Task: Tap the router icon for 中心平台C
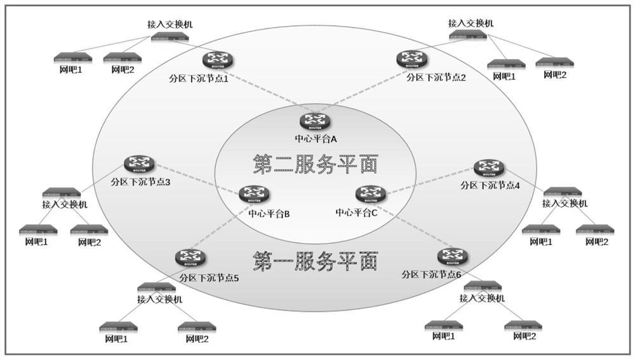pyautogui.click(x=370, y=194)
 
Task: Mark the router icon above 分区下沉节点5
pyautogui.click(x=190, y=258)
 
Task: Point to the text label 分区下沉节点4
pyautogui.click(x=490, y=186)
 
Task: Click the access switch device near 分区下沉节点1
pyautogui.click(x=170, y=37)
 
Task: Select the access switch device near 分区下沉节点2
pyautogui.click(x=471, y=35)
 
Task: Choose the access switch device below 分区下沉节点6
pyautogui.click(x=483, y=286)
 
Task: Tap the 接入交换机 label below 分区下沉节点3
pyautogui.click(x=65, y=204)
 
